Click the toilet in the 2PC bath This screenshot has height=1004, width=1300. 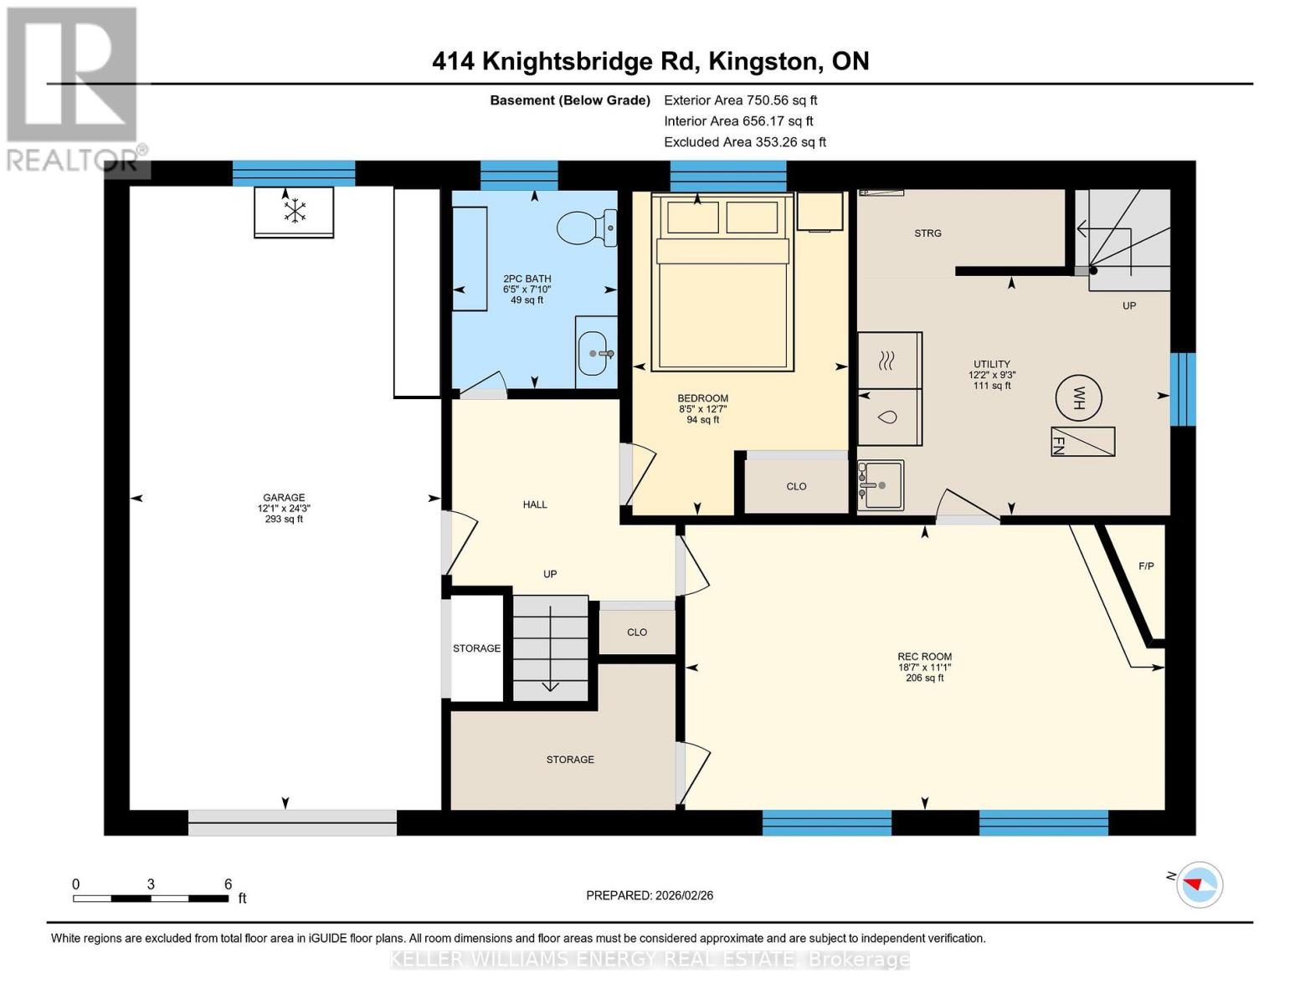pyautogui.click(x=586, y=227)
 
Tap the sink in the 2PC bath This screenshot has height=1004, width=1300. pyautogui.click(x=595, y=352)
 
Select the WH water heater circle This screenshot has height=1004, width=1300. pyautogui.click(x=1077, y=397)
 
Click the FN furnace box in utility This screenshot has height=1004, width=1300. pyautogui.click(x=1082, y=442)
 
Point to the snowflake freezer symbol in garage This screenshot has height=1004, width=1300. pyautogui.click(x=294, y=211)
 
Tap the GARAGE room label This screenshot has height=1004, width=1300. pyautogui.click(x=284, y=497)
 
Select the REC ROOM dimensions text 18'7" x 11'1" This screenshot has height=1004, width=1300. pyautogui.click(x=924, y=667)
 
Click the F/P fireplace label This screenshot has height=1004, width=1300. pyautogui.click(x=1146, y=566)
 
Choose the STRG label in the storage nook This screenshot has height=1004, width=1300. pyautogui.click(x=927, y=233)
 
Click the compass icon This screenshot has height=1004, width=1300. pyautogui.click(x=1200, y=884)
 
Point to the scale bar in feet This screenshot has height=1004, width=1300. pyautogui.click(x=151, y=898)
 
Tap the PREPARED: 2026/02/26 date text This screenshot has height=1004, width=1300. pyautogui.click(x=650, y=895)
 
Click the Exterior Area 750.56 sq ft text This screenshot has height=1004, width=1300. pyautogui.click(x=740, y=100)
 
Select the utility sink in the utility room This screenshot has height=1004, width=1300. pyautogui.click(x=881, y=484)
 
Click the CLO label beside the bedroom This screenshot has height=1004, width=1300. pyautogui.click(x=796, y=486)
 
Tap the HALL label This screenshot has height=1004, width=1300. pyautogui.click(x=535, y=505)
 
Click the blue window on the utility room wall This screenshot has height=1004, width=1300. pyautogui.click(x=1182, y=389)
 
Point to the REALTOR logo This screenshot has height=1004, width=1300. pyautogui.click(x=74, y=89)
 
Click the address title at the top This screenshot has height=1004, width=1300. pyautogui.click(x=650, y=61)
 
